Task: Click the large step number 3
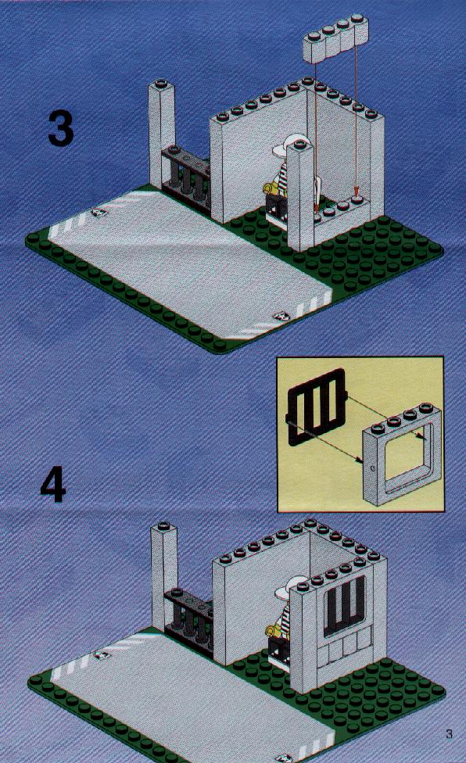point(61,128)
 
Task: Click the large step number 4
point(53,484)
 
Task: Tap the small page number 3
point(449,733)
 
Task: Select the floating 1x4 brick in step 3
point(335,40)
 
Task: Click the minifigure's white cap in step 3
point(286,145)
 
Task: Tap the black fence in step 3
point(186,178)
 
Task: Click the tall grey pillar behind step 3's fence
point(162,136)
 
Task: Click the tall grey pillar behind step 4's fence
point(163,577)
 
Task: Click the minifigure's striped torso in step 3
point(281,176)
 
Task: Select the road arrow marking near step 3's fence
point(99,213)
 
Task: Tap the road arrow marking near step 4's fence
point(101,655)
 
